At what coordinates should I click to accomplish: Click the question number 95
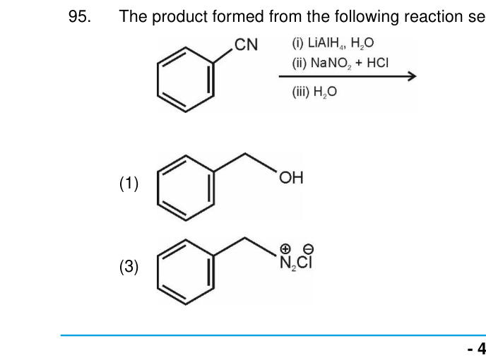80,16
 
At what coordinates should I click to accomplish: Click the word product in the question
179,17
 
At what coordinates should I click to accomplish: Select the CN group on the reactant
246,44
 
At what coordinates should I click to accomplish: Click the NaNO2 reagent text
331,64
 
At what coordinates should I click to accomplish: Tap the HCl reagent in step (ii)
377,63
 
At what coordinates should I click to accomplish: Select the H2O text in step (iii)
325,92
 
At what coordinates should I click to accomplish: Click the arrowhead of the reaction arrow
413,76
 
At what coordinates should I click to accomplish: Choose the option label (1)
129,184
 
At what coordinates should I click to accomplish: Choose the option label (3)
129,267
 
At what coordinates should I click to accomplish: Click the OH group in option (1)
291,178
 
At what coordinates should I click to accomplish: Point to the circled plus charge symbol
285,248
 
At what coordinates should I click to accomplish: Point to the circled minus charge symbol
309,248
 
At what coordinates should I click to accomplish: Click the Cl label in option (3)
304,263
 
